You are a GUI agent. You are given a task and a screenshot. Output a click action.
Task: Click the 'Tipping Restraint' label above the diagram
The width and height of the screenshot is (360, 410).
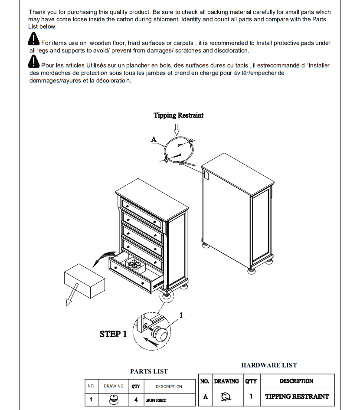click(x=178, y=115)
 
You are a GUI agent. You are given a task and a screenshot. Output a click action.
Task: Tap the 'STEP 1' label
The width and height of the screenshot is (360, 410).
click(x=113, y=334)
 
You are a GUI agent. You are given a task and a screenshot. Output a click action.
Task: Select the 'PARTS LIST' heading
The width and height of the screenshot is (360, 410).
click(x=149, y=371)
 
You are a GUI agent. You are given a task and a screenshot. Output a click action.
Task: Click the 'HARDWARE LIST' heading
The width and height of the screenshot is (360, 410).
click(x=269, y=365)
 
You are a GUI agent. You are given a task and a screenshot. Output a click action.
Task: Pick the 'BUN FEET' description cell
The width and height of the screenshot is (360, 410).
click(x=156, y=400)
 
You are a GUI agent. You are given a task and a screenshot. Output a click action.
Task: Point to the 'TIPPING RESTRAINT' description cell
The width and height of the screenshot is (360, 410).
click(x=297, y=396)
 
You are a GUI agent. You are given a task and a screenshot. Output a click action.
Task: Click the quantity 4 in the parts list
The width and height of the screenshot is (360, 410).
click(x=136, y=400)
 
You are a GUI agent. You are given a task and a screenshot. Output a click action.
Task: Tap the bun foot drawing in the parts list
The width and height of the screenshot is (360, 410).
click(x=113, y=400)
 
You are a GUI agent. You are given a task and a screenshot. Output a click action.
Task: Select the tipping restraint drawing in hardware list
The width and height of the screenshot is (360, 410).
click(x=226, y=396)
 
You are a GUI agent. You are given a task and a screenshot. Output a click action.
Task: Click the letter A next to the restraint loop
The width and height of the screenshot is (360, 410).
click(x=154, y=139)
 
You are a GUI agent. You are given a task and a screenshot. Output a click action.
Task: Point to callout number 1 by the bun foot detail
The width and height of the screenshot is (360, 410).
click(x=181, y=315)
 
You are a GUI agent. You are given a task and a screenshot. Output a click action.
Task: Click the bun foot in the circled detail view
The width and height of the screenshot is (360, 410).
click(x=162, y=335)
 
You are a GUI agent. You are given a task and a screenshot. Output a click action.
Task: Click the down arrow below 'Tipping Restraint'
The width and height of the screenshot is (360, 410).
click(x=177, y=129)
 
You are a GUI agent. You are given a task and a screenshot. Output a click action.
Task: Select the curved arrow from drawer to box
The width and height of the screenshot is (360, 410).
click(x=102, y=259)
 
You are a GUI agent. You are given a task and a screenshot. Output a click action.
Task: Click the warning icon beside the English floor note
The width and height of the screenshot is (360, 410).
click(x=33, y=40)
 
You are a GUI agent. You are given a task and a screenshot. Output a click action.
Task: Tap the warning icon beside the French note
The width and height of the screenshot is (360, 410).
click(x=33, y=62)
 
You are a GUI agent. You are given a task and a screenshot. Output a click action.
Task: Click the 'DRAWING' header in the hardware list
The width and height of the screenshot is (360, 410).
click(x=226, y=381)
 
